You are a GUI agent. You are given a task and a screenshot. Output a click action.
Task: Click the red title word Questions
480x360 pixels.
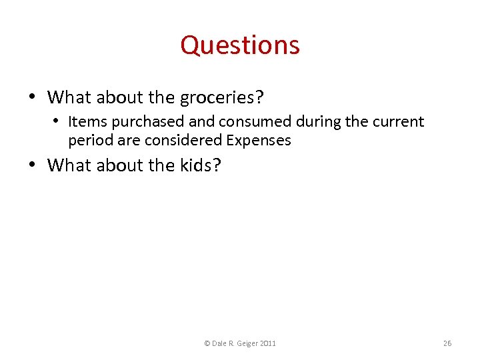tap(240, 45)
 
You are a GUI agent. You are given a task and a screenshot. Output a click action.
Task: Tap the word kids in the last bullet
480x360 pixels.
tap(198, 165)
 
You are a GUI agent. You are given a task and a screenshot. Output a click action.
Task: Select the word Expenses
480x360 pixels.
tap(259, 141)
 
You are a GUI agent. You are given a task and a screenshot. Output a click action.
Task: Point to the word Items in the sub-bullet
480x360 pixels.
tap(83, 122)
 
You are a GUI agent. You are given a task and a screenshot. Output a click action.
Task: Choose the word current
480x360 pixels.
tap(397, 122)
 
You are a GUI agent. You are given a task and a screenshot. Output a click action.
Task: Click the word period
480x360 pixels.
tap(88, 141)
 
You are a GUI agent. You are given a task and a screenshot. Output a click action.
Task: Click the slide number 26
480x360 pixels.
tap(447, 343)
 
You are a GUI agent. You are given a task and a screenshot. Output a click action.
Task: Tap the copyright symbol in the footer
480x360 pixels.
tap(207, 343)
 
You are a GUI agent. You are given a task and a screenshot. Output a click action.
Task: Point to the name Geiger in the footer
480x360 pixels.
tap(247, 343)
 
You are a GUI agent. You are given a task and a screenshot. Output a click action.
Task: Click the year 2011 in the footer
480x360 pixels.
tap(268, 343)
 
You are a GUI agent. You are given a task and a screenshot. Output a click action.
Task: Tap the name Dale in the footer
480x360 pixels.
tap(219, 343)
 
